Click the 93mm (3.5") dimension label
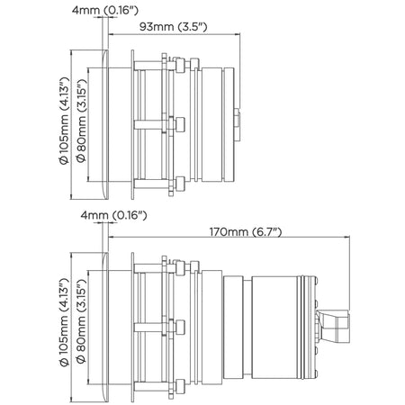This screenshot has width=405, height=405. point(173,27)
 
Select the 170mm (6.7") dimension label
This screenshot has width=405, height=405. point(246,232)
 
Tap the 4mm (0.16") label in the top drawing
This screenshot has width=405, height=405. point(105,11)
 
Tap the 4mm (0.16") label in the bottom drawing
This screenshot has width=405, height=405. point(113,215)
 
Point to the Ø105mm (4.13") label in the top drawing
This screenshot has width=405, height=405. point(64,121)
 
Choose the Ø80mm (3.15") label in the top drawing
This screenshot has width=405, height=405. point(81,121)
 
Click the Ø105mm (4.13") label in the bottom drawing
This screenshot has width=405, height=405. point(64,322)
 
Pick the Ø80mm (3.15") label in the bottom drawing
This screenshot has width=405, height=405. point(81,321)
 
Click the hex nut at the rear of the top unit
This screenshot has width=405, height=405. point(237,124)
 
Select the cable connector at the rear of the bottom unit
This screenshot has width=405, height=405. point(333,327)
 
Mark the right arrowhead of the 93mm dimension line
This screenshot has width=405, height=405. point(238,34)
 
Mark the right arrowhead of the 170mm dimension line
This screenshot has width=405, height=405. point(347,237)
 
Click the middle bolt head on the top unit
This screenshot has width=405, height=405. point(180,124)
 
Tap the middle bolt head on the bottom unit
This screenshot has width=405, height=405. point(180,327)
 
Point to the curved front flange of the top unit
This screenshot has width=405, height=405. point(105,124)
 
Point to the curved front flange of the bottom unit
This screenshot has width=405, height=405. point(105,328)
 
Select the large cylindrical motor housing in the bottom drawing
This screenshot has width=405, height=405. point(274,328)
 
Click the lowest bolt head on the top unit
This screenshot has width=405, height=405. point(180,184)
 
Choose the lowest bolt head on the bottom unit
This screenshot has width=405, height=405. point(180,386)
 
